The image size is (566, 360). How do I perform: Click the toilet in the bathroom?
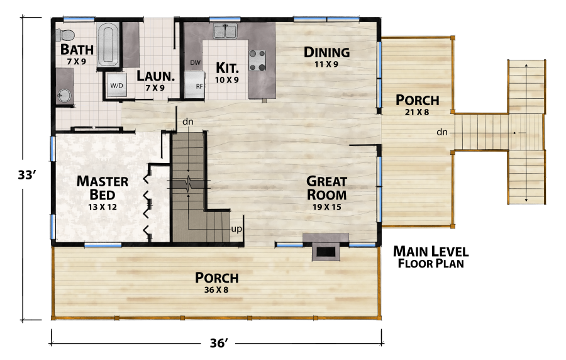[x=65, y=35]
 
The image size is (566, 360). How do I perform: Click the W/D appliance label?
[x=116, y=85]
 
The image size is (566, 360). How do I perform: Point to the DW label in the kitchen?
[x=195, y=63]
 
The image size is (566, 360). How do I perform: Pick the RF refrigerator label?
[x=199, y=86]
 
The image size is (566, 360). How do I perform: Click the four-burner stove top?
[x=257, y=60]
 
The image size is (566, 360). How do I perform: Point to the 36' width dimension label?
[x=217, y=343]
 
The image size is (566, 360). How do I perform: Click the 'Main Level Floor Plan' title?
[x=431, y=257]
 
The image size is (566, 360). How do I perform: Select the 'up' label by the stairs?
[x=237, y=228]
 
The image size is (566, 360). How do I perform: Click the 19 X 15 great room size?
[x=326, y=206]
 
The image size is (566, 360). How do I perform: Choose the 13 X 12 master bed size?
[x=103, y=206]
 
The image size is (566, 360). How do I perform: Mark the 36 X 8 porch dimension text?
[x=216, y=290]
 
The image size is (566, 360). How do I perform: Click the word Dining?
[x=326, y=52]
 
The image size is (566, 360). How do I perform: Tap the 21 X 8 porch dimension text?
[x=418, y=112]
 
